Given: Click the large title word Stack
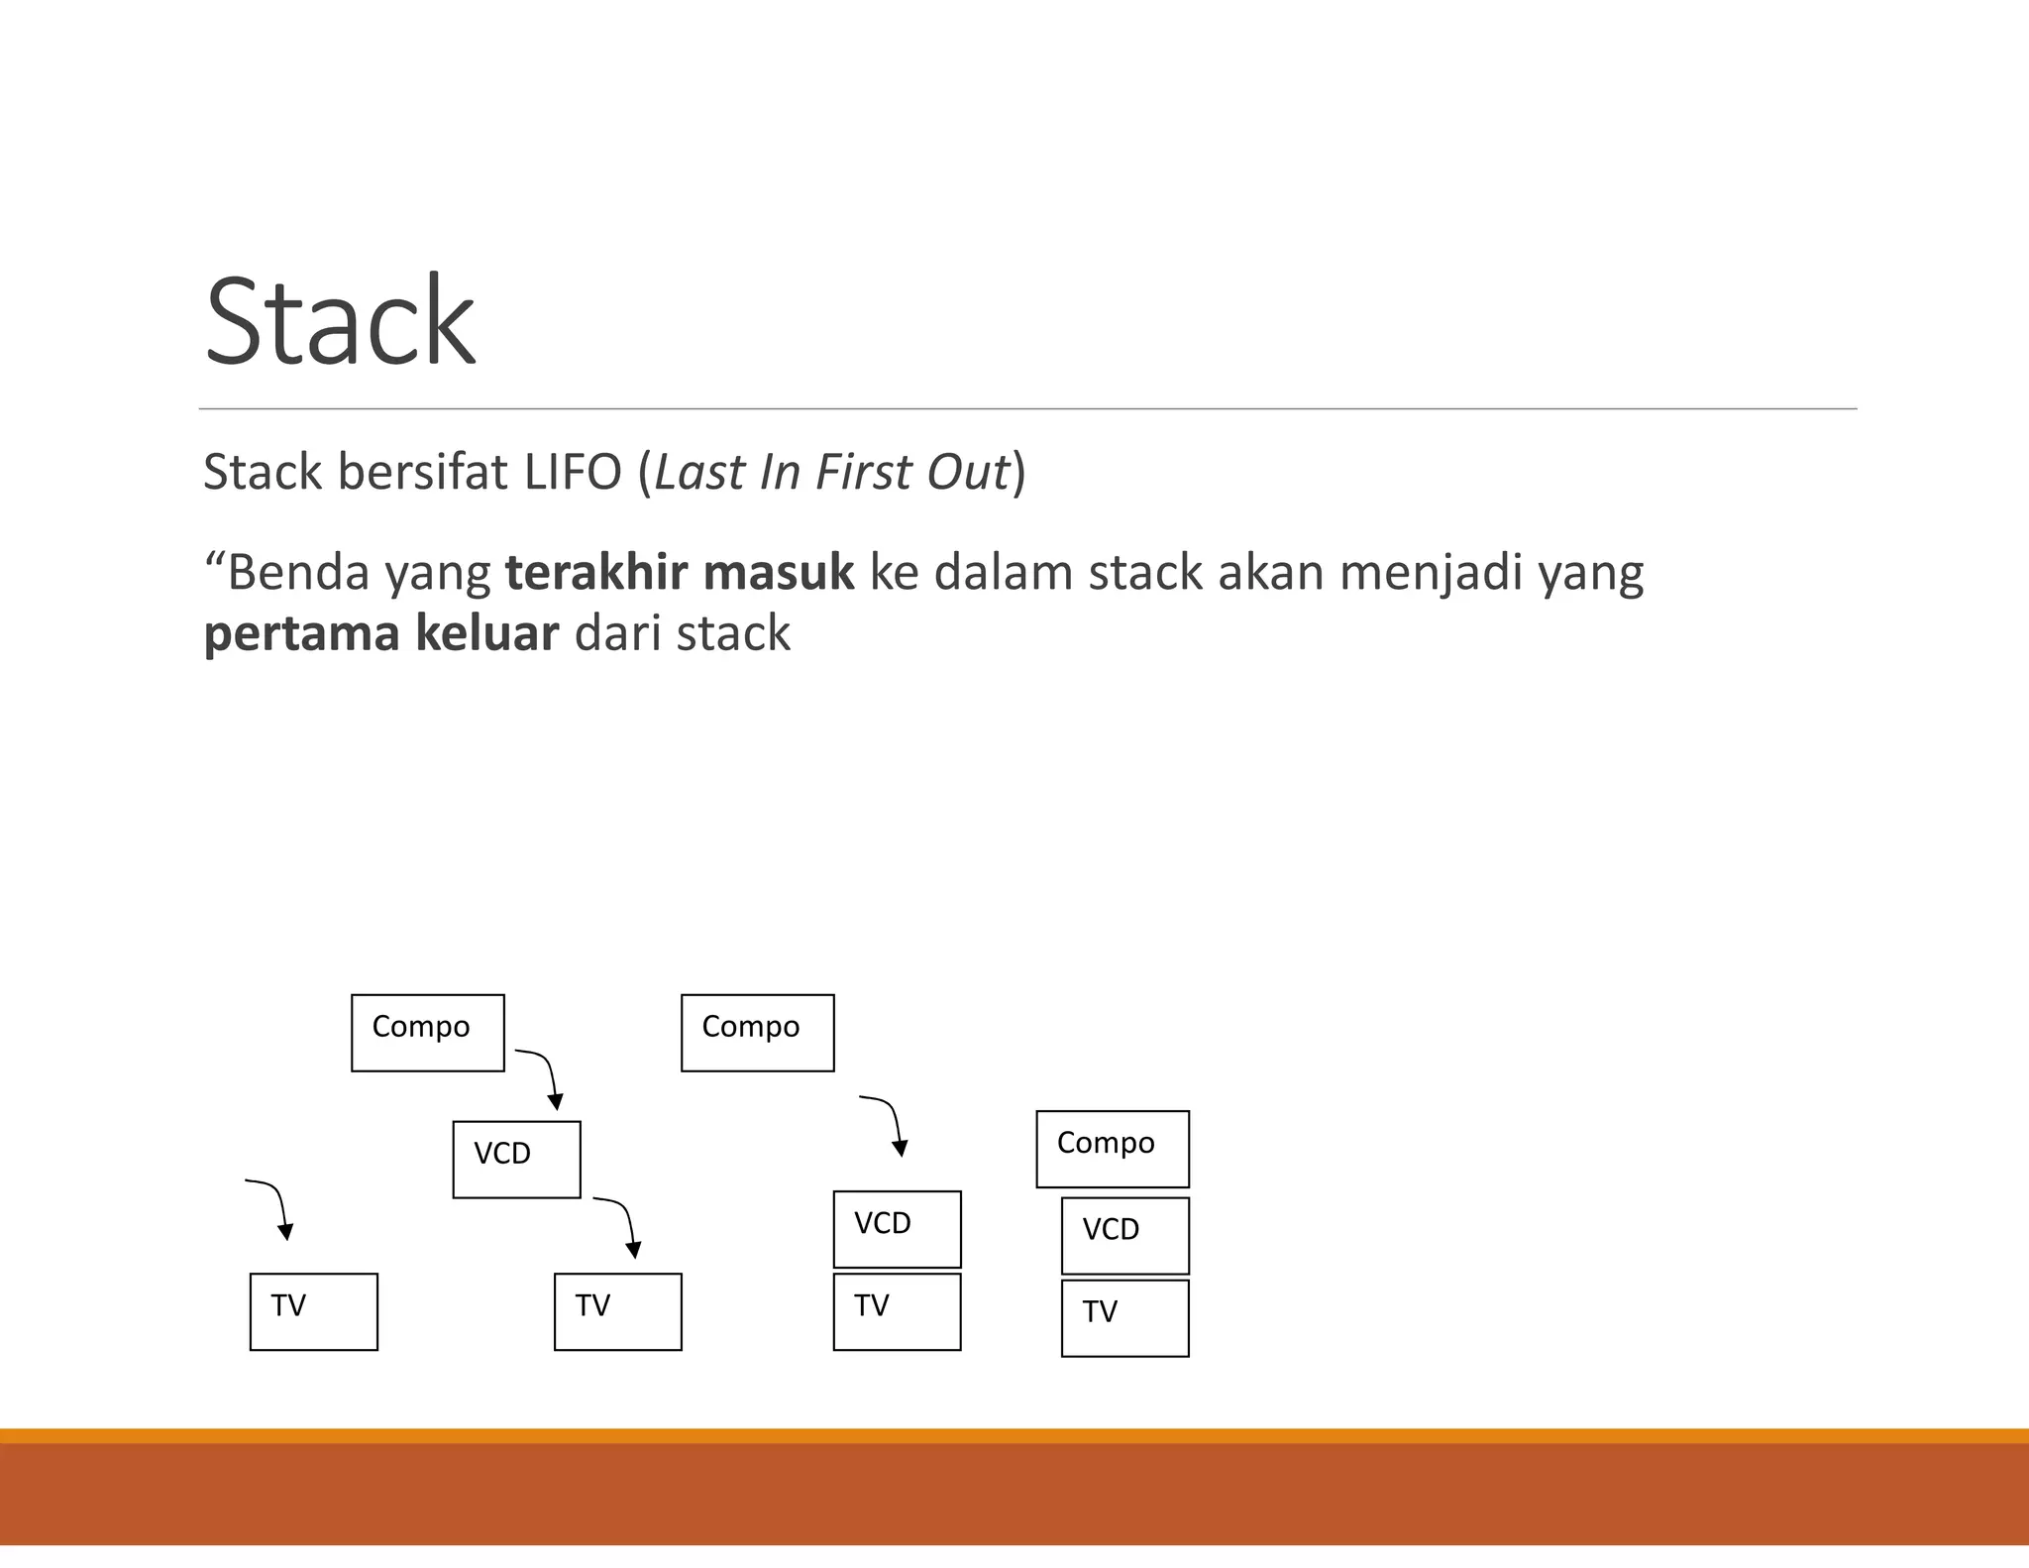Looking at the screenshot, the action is (x=340, y=322).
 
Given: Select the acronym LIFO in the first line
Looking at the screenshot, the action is (x=572, y=472).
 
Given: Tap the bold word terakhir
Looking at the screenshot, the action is (x=595, y=573).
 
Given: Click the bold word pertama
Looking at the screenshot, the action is (x=301, y=635).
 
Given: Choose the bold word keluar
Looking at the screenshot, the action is (x=486, y=633).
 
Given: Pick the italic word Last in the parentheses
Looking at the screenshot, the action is (x=698, y=472).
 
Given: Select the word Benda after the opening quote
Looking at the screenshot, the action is (x=298, y=573).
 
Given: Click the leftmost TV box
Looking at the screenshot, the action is (x=313, y=1311).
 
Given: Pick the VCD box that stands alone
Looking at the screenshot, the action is (x=516, y=1159).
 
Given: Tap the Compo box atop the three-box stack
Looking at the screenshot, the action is (x=1112, y=1149).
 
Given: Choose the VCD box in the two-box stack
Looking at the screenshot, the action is (x=897, y=1229).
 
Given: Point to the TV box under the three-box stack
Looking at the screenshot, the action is (x=1124, y=1317).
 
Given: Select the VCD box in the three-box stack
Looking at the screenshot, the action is (x=1124, y=1235).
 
